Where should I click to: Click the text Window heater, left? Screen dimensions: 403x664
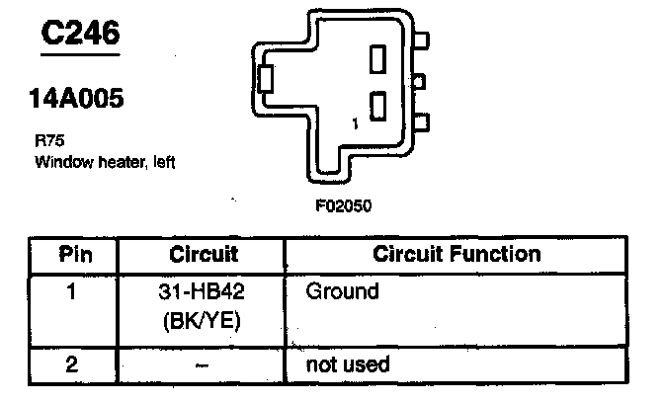[x=105, y=161]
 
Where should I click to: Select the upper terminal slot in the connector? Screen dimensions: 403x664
[x=377, y=59]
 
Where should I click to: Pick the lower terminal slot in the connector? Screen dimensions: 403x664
[x=377, y=105]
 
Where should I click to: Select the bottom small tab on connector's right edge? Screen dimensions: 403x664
[x=423, y=122]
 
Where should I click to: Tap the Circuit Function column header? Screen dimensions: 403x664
[x=456, y=254]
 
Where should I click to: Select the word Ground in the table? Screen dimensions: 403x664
[x=342, y=292]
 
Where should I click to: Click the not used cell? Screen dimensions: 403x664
[x=347, y=364]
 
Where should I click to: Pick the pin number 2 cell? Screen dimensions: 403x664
[x=71, y=364]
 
